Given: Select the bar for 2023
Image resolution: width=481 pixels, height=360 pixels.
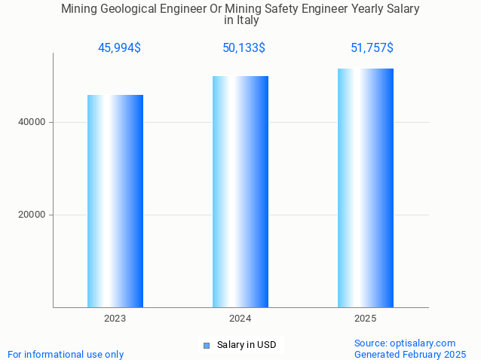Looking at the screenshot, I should [115, 200].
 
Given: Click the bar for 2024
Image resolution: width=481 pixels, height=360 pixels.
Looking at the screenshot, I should [240, 191].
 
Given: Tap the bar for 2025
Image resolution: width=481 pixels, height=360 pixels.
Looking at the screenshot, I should [366, 188].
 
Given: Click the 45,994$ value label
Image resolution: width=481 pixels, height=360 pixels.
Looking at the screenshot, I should [119, 48].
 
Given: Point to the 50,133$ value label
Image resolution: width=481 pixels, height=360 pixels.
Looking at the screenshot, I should [244, 48].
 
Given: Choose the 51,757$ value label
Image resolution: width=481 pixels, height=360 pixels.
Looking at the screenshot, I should [372, 48].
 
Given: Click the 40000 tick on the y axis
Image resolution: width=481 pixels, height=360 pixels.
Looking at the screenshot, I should [31, 122].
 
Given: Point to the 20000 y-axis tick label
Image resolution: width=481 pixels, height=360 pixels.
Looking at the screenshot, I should [31, 215].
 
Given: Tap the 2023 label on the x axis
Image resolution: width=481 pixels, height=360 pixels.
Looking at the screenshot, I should [115, 319].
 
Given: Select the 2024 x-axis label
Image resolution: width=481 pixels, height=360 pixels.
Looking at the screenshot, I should [240, 319].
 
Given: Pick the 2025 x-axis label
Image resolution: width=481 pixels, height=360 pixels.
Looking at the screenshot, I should [366, 319].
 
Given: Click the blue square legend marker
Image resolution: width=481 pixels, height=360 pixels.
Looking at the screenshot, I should [207, 346].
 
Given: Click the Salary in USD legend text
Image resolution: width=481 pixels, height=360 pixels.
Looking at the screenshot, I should [247, 345].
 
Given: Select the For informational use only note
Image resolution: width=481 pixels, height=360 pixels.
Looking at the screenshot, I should [66, 354].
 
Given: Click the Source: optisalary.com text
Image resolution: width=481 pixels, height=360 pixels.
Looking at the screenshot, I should [405, 343].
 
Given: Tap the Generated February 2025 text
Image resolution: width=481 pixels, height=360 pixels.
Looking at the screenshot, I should [410, 354].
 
